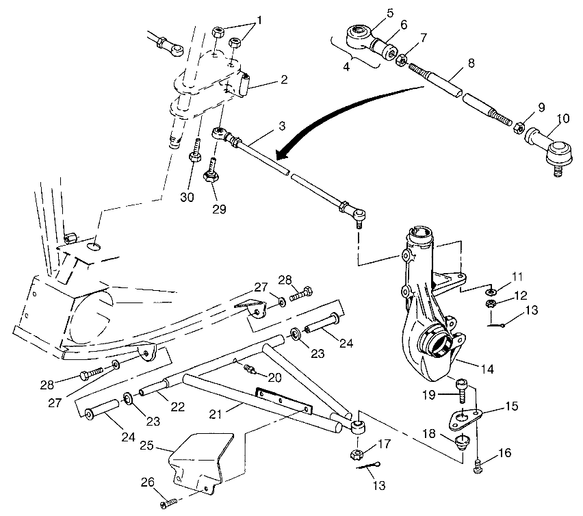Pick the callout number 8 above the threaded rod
point(470,63)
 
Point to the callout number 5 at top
point(390,12)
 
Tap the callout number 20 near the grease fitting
point(274,378)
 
